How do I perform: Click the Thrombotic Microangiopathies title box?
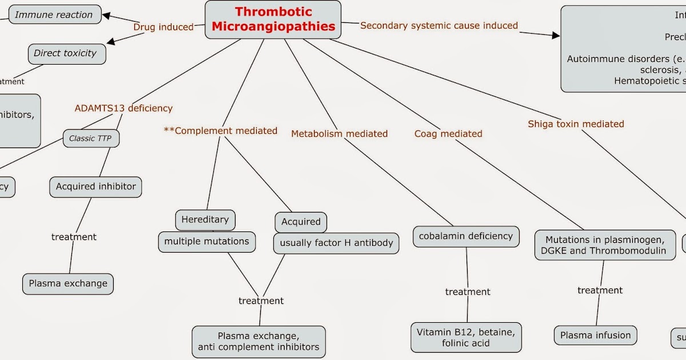[x=273, y=19]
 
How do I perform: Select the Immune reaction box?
[x=54, y=15]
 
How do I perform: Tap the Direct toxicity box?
[x=66, y=54]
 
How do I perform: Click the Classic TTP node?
[x=90, y=138]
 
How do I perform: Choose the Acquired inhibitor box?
[x=95, y=187]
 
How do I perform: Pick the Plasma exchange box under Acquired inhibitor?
[x=68, y=283]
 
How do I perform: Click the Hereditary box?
[x=205, y=219]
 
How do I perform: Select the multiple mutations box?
[x=206, y=242]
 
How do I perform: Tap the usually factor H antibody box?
[x=336, y=243]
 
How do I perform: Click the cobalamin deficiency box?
[x=466, y=237]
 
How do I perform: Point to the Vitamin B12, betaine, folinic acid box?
[x=466, y=337]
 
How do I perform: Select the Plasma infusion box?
[x=595, y=335]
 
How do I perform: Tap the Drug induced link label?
[x=163, y=27]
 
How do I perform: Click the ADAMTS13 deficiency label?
[x=123, y=108]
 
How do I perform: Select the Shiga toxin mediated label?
[x=576, y=124]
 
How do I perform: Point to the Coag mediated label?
[x=448, y=134]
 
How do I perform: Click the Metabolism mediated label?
[x=339, y=134]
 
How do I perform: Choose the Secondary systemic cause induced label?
[x=439, y=26]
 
